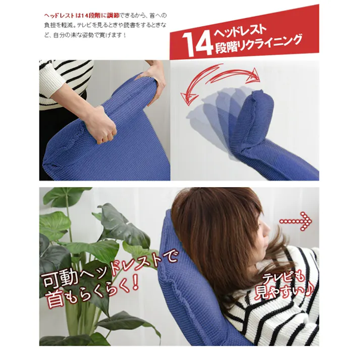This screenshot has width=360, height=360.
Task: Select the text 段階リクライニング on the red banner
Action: pos(258,44)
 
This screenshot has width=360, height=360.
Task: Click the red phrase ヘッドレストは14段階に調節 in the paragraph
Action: pos(82,16)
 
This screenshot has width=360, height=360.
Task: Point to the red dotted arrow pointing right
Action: pos(295,221)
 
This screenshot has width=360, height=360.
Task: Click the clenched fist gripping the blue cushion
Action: pos(101,126)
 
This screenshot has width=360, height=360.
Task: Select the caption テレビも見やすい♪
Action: pos(284,286)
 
